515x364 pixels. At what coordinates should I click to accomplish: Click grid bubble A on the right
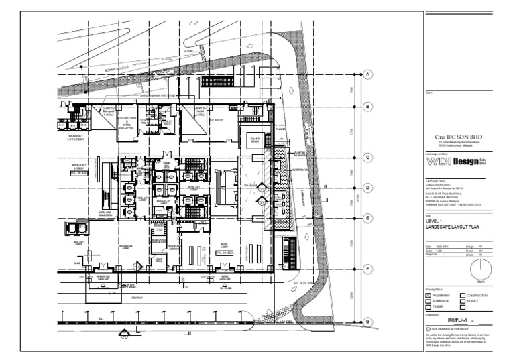pyautogui.click(x=367, y=75)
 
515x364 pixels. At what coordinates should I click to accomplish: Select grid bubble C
pyautogui.click(x=367, y=158)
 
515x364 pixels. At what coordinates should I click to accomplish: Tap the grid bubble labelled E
pyautogui.click(x=367, y=218)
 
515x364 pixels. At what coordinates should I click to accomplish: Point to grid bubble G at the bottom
pyautogui.click(x=367, y=322)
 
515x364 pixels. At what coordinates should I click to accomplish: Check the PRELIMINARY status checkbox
pyautogui.click(x=429, y=295)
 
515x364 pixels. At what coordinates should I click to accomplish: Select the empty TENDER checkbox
pyautogui.click(x=429, y=307)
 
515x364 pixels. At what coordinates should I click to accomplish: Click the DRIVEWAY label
pyautogui.click(x=137, y=298)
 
